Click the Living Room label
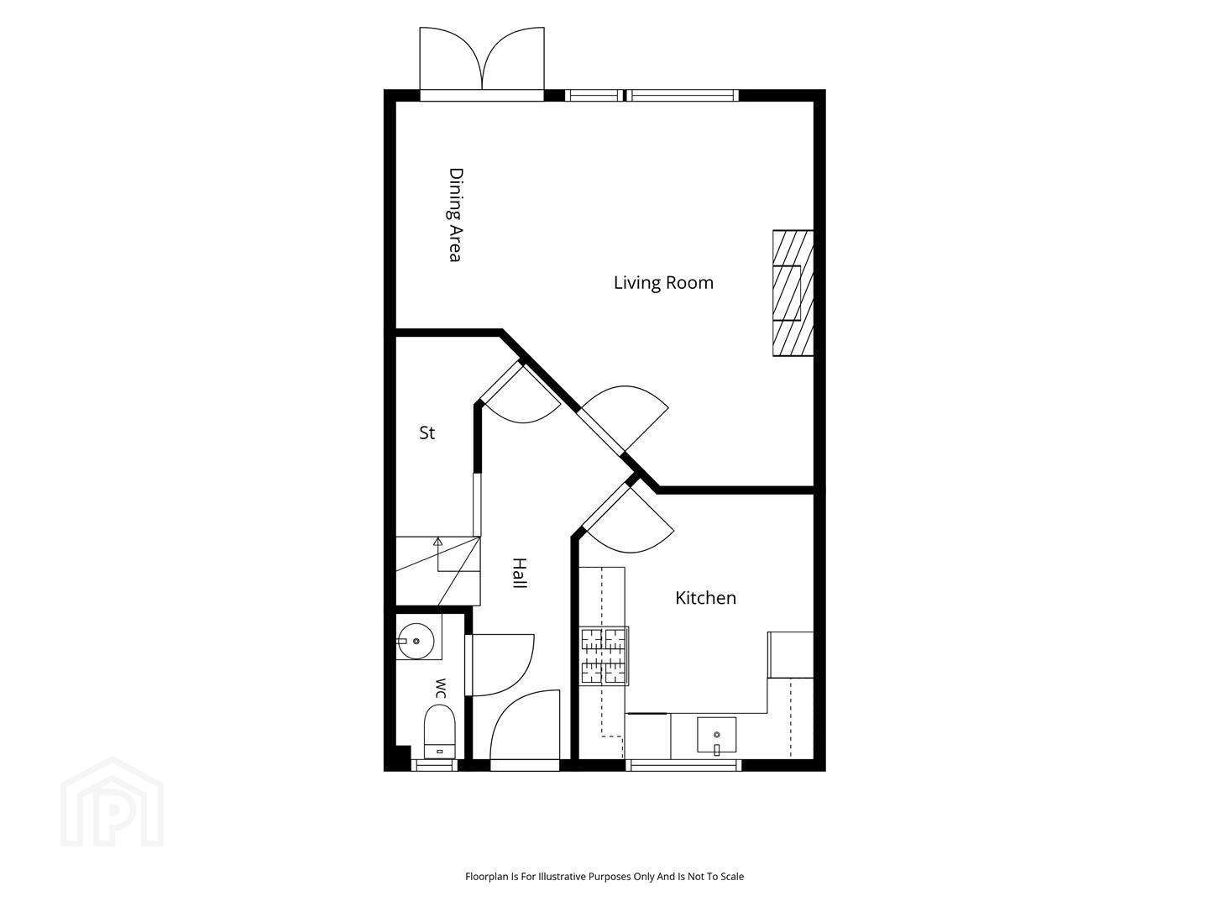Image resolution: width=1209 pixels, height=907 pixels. tap(663, 283)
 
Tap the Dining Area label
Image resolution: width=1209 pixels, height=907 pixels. tap(456, 215)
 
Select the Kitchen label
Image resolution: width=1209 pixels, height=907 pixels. tap(705, 598)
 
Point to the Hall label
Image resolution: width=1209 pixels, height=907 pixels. tap(520, 574)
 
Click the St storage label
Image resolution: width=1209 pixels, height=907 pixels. tap(427, 433)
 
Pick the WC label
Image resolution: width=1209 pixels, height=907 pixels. tap(441, 689)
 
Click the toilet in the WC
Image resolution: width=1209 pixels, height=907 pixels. tap(440, 731)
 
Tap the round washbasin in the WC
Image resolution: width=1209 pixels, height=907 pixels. tap(416, 641)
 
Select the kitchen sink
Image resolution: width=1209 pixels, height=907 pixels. tap(716, 735)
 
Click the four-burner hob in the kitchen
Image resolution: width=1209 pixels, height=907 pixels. tap(604, 656)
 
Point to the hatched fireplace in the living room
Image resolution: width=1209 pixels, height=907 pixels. tap(793, 293)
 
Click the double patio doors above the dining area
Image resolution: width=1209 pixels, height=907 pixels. tap(482, 63)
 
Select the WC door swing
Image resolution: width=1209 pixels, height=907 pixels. tap(500, 664)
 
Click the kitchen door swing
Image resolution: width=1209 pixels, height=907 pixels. tap(628, 518)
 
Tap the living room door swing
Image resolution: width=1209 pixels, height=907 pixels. tap(625, 418)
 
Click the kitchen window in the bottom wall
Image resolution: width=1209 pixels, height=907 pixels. tap(683, 765)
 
